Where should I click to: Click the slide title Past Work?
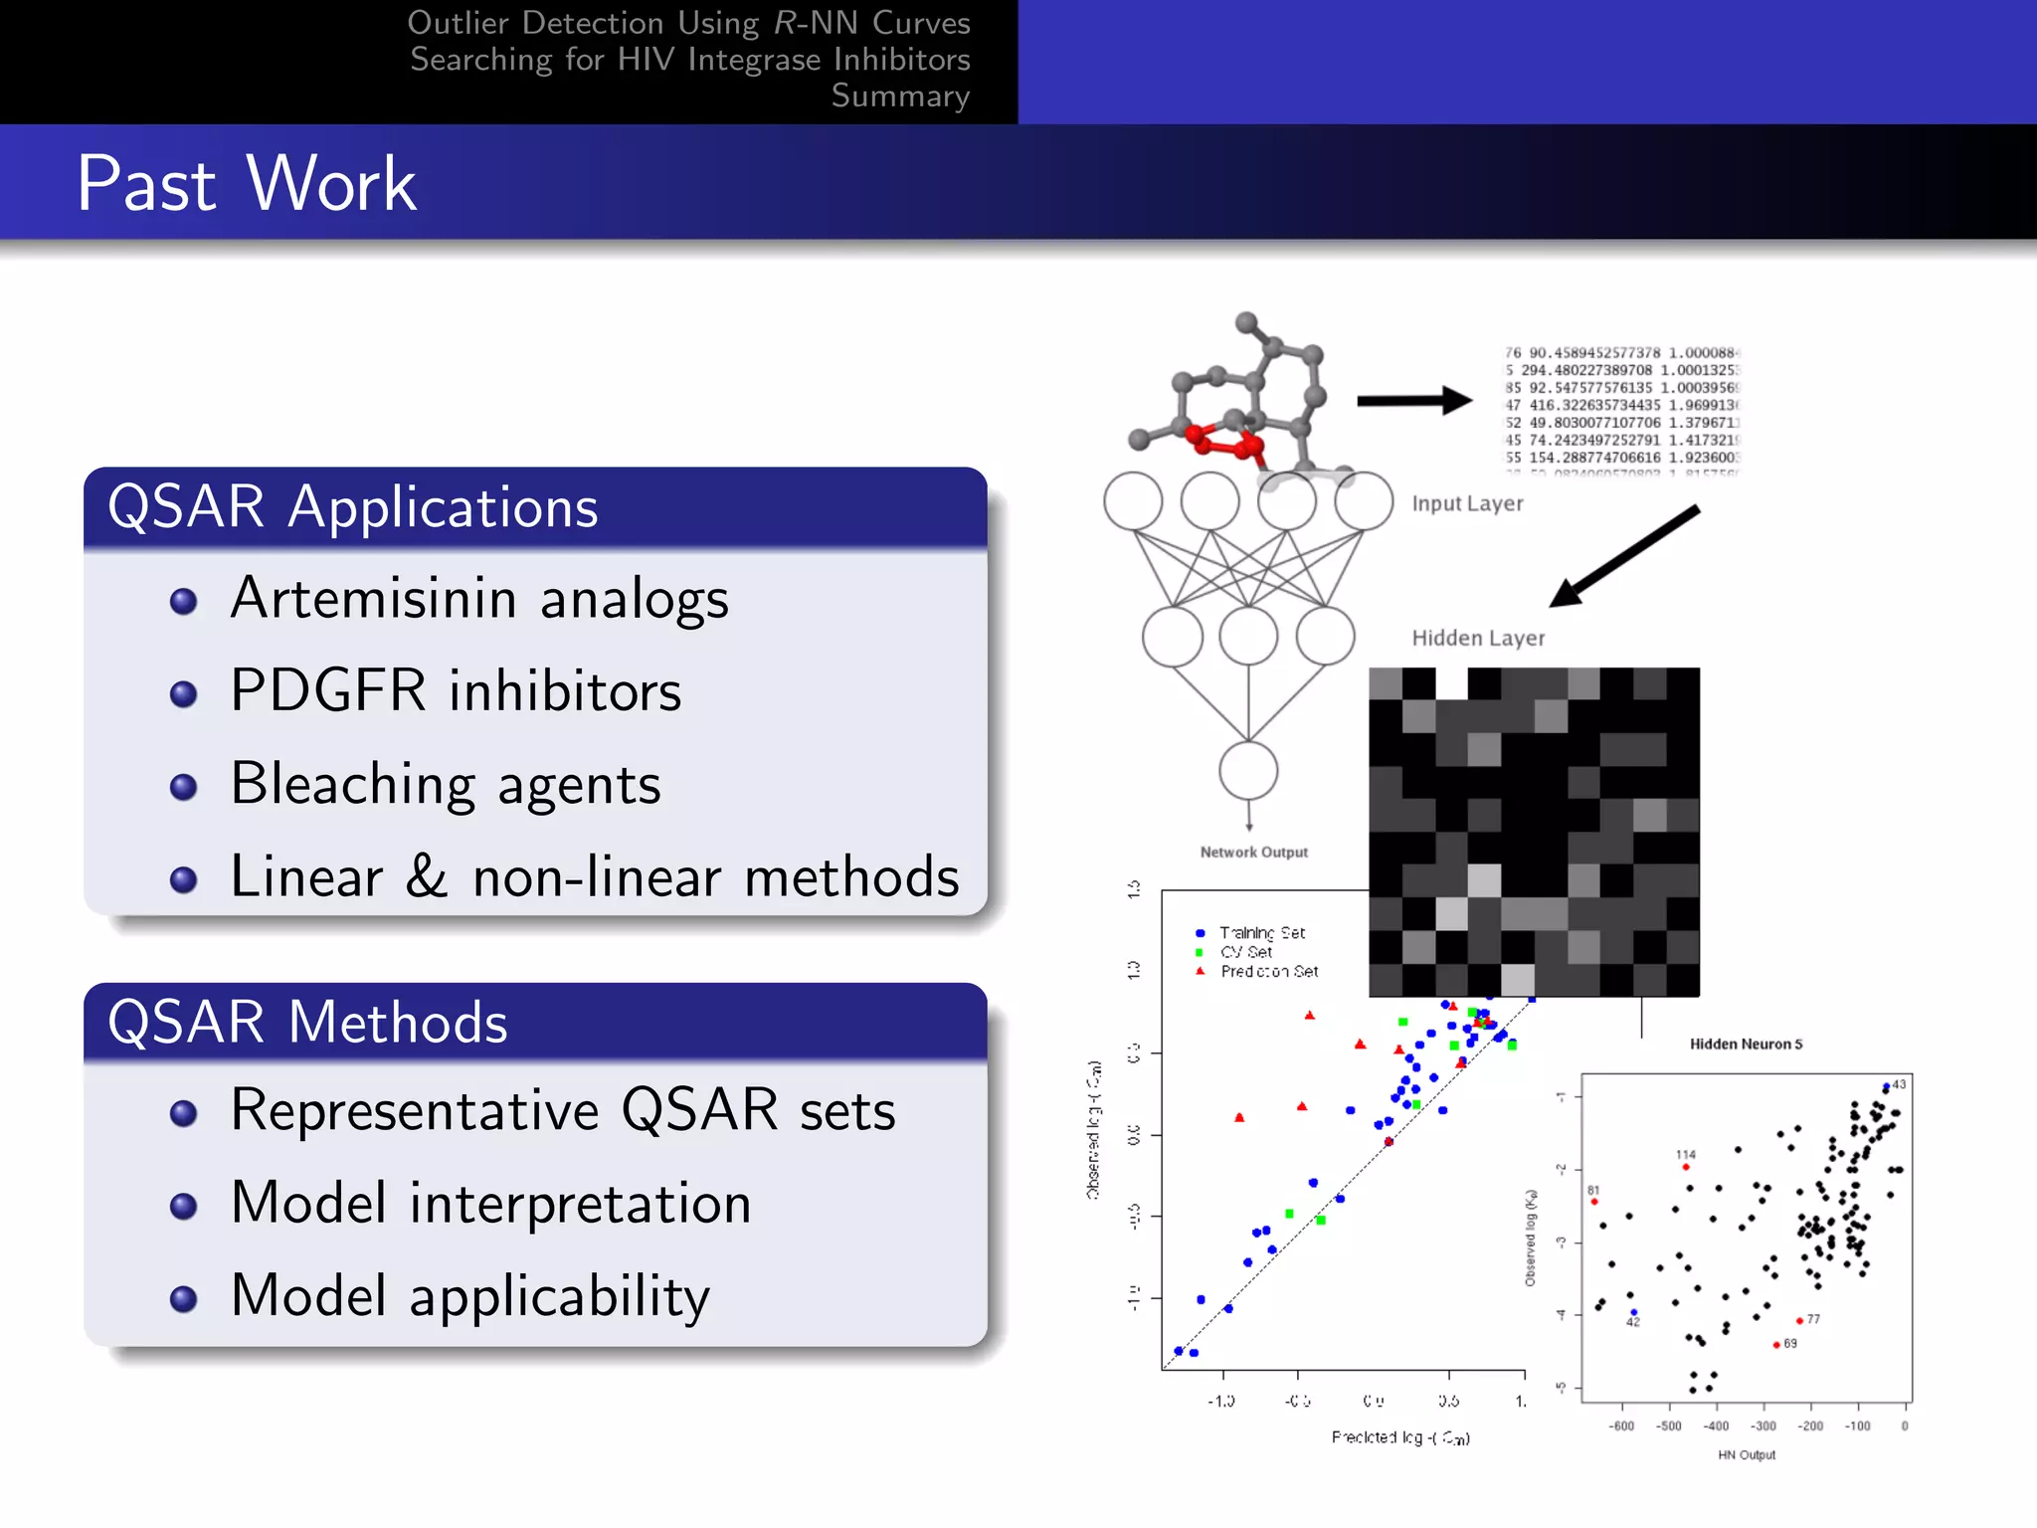pyautogui.click(x=247, y=184)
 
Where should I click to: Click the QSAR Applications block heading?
pyautogui.click(x=352, y=507)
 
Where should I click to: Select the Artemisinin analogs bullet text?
pyautogui.click(x=479, y=599)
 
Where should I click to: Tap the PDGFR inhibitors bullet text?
pyautogui.click(x=456, y=691)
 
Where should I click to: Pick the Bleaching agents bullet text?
pyautogui.click(x=446, y=784)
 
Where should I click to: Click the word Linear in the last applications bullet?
pyautogui.click(x=306, y=877)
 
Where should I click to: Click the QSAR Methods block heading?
pyautogui.click(x=307, y=1023)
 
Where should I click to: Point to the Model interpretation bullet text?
pyautogui.click(x=490, y=1204)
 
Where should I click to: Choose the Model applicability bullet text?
pyautogui.click(x=469, y=1296)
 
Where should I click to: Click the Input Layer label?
pyautogui.click(x=1467, y=503)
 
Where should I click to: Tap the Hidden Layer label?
pyautogui.click(x=1478, y=638)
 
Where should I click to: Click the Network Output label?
pyautogui.click(x=1253, y=853)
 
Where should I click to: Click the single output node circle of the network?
pyautogui.click(x=1248, y=771)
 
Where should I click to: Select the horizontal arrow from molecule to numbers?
pyautogui.click(x=1413, y=401)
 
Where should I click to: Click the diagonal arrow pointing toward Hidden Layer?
pyautogui.click(x=1624, y=556)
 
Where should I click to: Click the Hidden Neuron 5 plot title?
pyautogui.click(x=1746, y=1044)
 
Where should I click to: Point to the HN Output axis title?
pyautogui.click(x=1746, y=1454)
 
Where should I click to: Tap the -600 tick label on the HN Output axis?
pyautogui.click(x=1621, y=1426)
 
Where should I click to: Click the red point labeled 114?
pyautogui.click(x=1686, y=1167)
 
